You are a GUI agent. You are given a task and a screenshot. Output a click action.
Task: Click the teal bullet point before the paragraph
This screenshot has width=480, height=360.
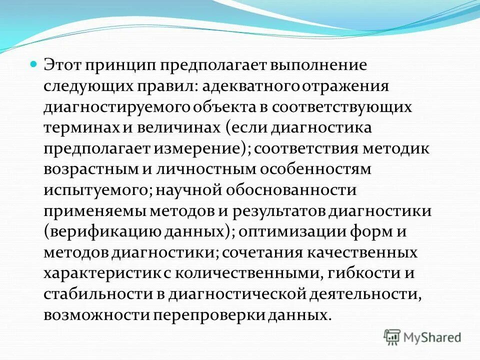pos(34,64)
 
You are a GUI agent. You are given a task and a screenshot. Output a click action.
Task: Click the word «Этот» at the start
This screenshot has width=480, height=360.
pos(62,65)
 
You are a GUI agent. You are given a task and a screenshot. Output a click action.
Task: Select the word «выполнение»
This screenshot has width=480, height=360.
pos(317,65)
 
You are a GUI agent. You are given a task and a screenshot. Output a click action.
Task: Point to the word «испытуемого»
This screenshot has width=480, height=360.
pos(95,190)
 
